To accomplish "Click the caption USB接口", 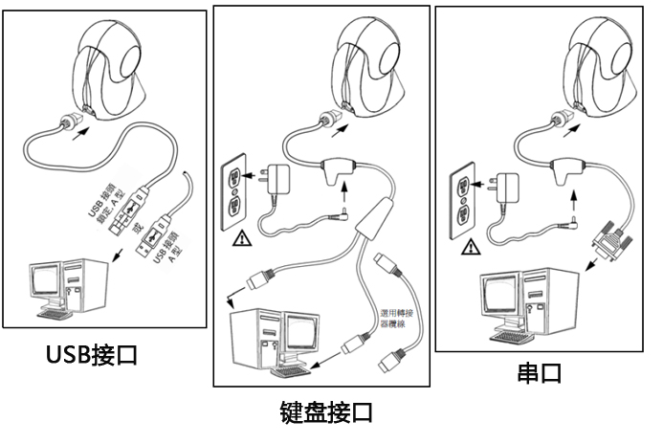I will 93,355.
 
